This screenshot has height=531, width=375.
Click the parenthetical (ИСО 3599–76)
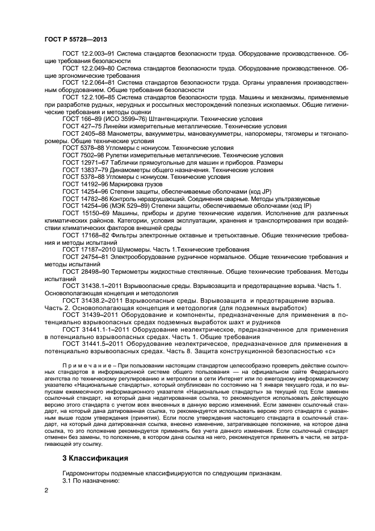click(x=124, y=119)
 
